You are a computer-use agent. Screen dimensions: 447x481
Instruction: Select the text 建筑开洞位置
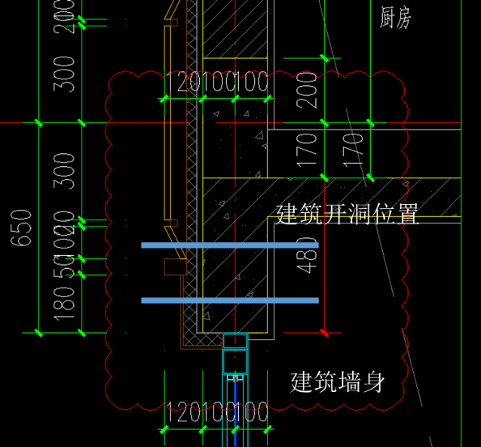click(347, 214)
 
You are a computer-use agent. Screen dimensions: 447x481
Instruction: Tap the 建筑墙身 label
click(338, 382)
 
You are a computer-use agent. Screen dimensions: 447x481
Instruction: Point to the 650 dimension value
click(22, 227)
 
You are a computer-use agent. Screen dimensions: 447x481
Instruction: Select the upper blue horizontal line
click(229, 245)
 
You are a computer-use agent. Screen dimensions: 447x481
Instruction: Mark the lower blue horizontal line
click(229, 301)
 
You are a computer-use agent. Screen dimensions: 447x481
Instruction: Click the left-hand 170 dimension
click(308, 150)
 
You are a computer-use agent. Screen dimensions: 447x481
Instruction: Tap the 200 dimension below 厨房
click(308, 91)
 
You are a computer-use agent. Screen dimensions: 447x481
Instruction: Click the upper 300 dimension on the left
click(66, 73)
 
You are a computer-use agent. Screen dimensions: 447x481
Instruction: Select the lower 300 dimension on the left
click(66, 171)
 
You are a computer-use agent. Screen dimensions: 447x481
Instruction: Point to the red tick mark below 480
click(324, 332)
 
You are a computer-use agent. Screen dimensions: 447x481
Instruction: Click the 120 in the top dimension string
click(178, 82)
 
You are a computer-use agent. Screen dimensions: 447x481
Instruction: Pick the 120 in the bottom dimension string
click(178, 412)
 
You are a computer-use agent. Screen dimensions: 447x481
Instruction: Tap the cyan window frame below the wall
click(235, 355)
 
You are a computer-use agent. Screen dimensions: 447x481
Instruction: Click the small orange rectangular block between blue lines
click(175, 267)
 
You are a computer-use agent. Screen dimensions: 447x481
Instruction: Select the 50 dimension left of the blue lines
click(66, 267)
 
